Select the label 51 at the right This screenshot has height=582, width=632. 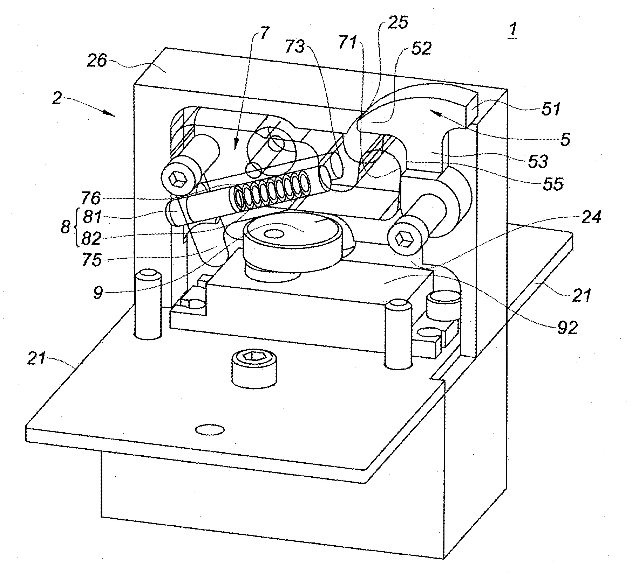[x=551, y=109]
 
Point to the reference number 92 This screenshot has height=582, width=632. [x=567, y=328]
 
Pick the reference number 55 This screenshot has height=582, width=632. [x=552, y=183]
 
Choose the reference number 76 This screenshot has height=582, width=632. [x=91, y=198]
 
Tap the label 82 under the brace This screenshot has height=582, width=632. [x=91, y=238]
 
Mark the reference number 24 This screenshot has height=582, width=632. [x=591, y=217]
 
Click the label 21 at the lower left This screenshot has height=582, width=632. [x=37, y=359]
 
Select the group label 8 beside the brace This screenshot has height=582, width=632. [x=65, y=227]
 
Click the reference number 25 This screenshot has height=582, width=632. [x=398, y=23]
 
